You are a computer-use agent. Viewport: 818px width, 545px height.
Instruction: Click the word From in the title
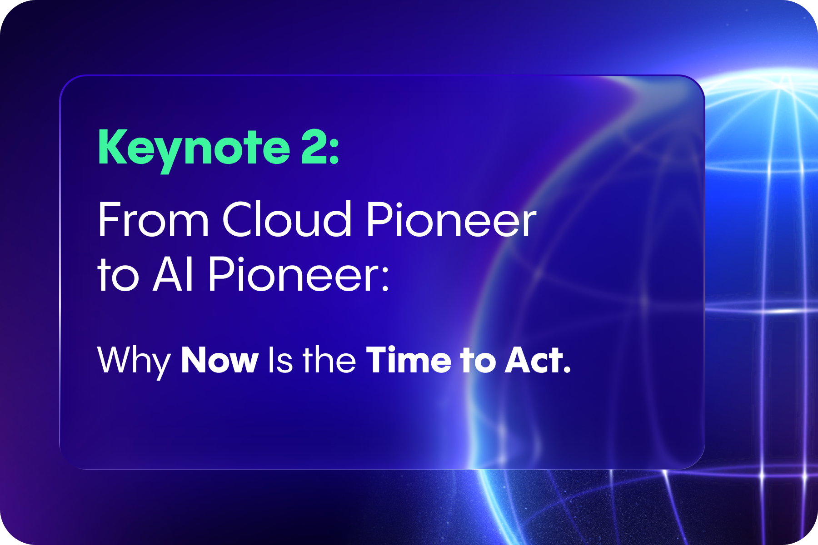click(x=153, y=220)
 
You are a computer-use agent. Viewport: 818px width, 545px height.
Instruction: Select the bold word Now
click(x=220, y=360)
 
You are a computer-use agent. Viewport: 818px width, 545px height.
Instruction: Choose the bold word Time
click(x=409, y=359)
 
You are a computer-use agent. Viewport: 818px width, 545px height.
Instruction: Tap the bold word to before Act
click(x=478, y=361)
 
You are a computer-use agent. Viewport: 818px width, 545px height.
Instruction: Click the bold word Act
click(x=534, y=360)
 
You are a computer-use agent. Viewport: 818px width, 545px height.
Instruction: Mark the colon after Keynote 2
click(x=334, y=152)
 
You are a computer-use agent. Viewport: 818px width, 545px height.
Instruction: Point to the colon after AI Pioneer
click(x=385, y=278)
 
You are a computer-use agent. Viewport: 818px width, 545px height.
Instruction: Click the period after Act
click(x=567, y=370)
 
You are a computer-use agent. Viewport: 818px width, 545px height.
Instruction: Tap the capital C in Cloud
click(x=240, y=220)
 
